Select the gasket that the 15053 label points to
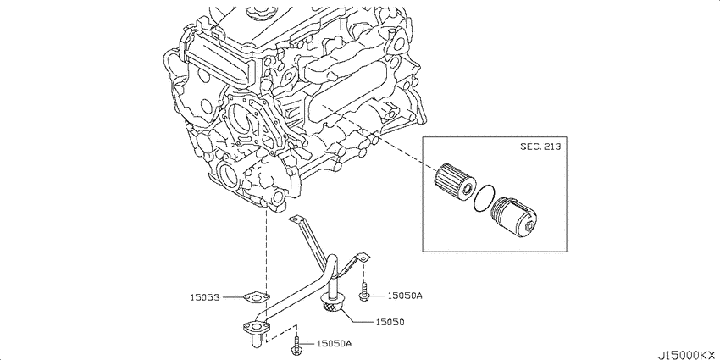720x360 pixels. point(256,298)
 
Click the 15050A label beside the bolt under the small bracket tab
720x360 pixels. point(405,296)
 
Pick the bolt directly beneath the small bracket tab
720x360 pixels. point(364,292)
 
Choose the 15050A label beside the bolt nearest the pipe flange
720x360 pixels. point(335,343)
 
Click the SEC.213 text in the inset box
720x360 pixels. point(540,147)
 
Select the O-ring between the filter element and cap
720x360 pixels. point(484,198)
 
